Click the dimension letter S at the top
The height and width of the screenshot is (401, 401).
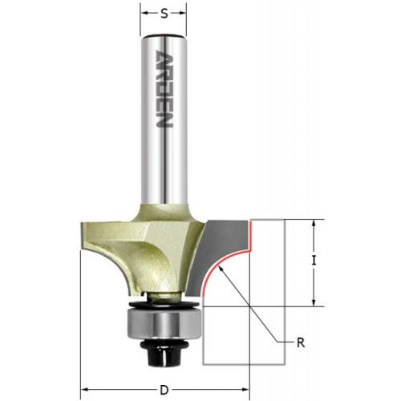(x=164, y=14)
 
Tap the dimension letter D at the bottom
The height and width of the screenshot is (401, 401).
(x=164, y=390)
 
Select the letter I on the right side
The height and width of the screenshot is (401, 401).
(x=314, y=261)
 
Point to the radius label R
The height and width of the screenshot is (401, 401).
(x=301, y=342)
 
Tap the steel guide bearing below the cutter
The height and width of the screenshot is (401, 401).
(x=164, y=322)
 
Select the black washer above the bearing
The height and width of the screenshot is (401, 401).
(x=164, y=304)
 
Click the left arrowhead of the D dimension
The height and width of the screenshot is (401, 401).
(x=85, y=390)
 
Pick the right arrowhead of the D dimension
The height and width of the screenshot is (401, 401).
(x=245, y=390)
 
